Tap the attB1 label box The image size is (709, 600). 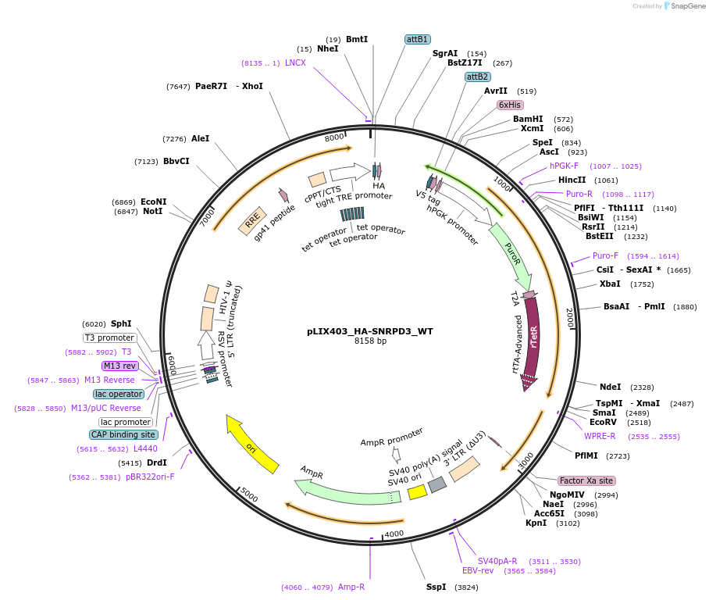point(417,39)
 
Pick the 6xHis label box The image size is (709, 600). point(510,105)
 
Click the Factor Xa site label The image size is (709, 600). point(586,480)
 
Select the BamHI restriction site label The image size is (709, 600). point(528,119)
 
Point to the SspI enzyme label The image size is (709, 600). point(436,587)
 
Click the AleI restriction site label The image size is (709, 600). point(201,138)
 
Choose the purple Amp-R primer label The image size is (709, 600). point(351,587)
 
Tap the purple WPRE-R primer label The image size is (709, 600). point(600,436)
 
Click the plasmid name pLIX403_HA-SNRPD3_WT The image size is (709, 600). point(370,331)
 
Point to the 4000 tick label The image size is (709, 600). point(394,534)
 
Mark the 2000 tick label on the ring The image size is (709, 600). point(570,318)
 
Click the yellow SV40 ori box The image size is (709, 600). point(417,492)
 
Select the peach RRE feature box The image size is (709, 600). point(252,221)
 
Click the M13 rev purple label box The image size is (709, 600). point(119,366)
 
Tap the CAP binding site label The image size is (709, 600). point(123,434)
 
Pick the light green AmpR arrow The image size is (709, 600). point(347,492)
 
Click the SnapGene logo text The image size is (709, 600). point(688,6)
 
